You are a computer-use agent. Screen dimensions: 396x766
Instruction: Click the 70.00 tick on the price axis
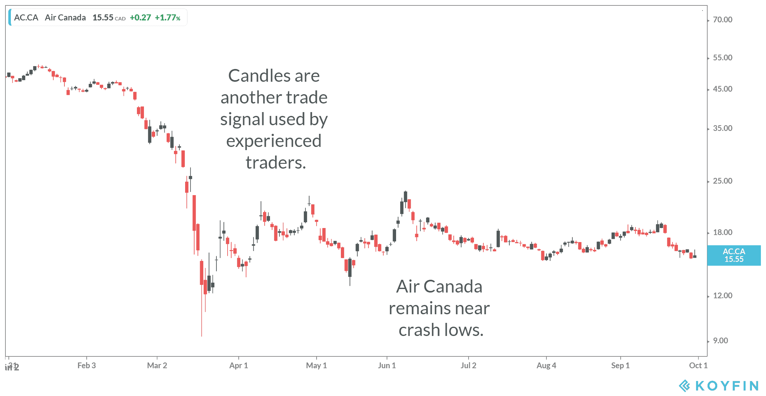coord(722,20)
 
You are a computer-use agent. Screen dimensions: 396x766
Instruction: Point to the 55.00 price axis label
coord(722,58)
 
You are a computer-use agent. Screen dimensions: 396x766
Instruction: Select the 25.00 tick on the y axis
coord(722,181)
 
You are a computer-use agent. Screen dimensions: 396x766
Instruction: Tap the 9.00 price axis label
coord(720,341)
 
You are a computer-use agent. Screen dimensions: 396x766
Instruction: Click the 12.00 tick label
coord(722,296)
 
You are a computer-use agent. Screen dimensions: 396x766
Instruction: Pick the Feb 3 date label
coord(86,366)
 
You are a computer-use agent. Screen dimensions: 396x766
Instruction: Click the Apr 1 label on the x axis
coord(238,366)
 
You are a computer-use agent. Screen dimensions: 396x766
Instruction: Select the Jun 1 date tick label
coord(387,366)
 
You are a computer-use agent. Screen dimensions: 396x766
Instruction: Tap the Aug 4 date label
coord(546,366)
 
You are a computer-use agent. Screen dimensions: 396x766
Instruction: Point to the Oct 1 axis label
coord(698,366)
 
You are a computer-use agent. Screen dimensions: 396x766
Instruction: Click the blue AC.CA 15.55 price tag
coord(734,255)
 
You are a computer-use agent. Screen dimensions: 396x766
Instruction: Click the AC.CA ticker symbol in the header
coord(26,18)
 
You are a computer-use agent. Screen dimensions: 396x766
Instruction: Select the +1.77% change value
coord(168,18)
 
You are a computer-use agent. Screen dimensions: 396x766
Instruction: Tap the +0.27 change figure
coord(140,18)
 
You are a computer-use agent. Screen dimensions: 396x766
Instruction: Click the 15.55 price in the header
coord(103,18)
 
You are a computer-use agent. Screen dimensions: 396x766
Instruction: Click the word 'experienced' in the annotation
coord(274,141)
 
